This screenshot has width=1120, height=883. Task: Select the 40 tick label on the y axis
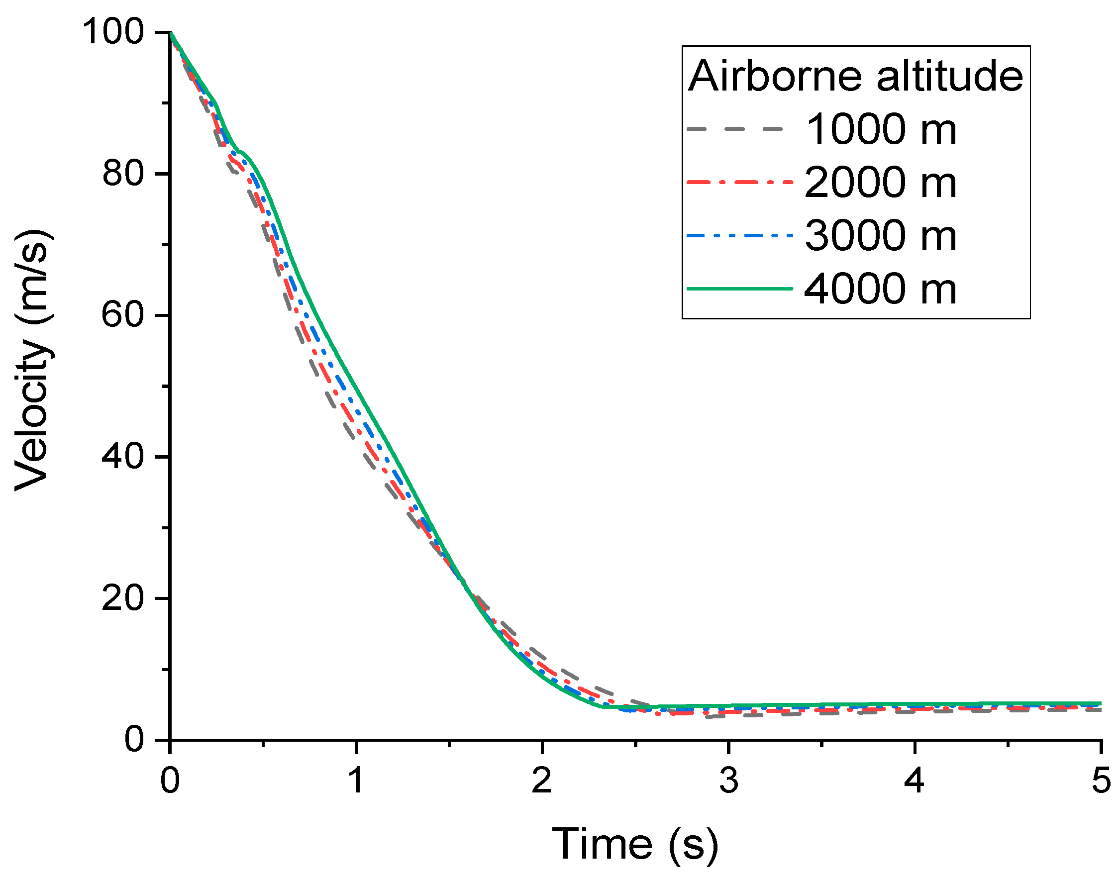point(122,457)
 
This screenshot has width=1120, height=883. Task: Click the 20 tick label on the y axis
point(122,598)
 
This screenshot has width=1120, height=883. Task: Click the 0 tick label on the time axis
point(170,781)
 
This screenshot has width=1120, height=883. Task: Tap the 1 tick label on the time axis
point(356,781)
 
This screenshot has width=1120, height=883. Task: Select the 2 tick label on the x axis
point(542,781)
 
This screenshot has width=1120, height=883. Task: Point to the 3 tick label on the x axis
point(728,781)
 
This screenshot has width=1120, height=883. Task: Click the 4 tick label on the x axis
point(914,781)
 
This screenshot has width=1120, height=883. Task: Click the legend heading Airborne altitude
point(855,77)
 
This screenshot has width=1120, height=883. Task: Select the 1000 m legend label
point(881,129)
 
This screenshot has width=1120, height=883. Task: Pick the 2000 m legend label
point(881,183)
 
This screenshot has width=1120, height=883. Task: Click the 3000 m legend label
point(881,236)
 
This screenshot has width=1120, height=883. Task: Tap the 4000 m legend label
point(881,289)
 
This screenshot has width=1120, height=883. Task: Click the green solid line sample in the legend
point(739,289)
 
